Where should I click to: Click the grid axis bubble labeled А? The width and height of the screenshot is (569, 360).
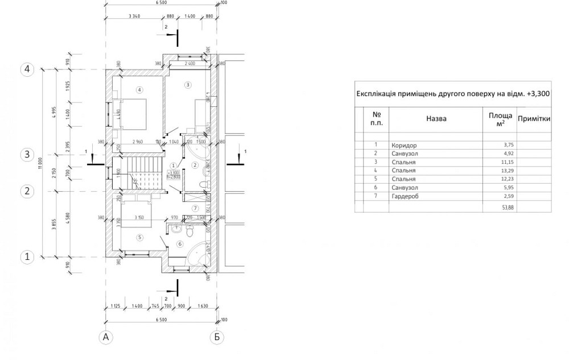[105, 337]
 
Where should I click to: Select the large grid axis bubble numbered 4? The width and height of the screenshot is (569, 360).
[27, 69]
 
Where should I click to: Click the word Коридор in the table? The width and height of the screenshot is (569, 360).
[404, 145]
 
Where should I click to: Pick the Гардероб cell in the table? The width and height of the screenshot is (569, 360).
[406, 196]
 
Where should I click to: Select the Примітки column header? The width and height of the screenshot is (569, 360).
[533, 119]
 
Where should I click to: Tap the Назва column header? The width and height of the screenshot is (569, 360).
[436, 119]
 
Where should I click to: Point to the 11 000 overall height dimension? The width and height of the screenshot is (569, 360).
[40, 163]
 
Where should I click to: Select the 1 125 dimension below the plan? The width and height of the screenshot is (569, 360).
[114, 306]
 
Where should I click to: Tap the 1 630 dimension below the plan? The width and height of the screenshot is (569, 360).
[203, 306]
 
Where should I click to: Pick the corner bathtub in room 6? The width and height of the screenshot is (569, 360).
[199, 253]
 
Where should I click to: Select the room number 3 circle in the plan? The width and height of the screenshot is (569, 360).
[188, 85]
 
